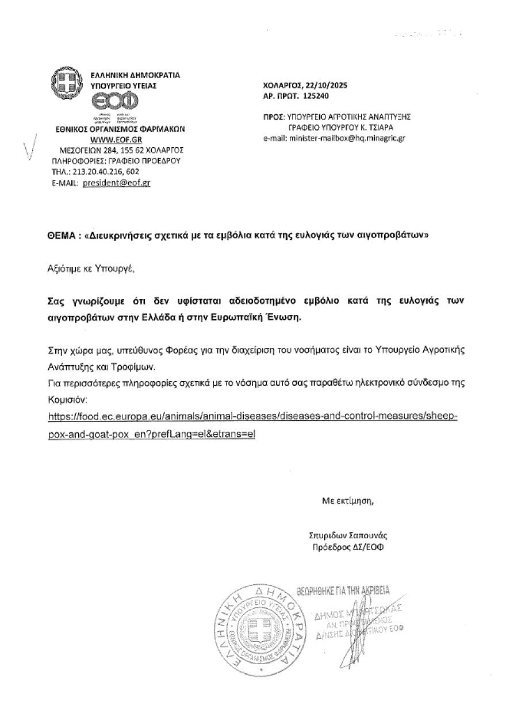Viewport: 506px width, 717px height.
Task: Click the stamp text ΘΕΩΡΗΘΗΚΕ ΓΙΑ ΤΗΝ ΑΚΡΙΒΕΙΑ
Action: pos(343,591)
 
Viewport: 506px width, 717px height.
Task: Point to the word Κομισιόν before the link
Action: pos(68,398)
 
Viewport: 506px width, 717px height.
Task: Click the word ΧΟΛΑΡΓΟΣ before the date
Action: pos(283,86)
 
